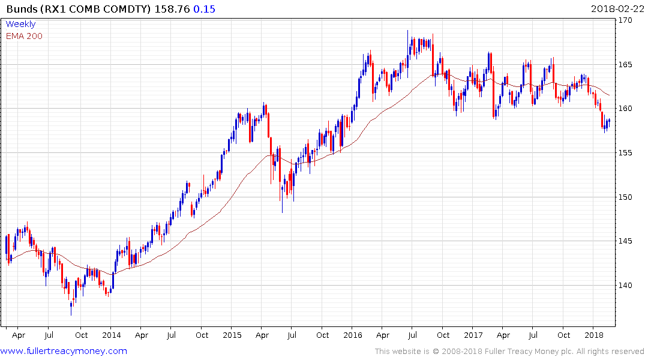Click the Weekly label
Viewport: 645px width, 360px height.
pos(21,25)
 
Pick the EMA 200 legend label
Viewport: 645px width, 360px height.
pos(25,36)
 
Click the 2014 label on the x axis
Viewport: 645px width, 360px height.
pos(111,335)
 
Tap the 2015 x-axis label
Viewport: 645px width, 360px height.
pos(232,335)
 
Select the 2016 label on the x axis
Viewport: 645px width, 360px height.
pos(353,335)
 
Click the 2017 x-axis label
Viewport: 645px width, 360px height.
pos(473,335)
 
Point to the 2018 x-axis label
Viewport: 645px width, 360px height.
pos(594,335)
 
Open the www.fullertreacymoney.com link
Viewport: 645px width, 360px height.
pos(64,351)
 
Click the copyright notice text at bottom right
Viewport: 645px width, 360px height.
pos(509,352)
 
